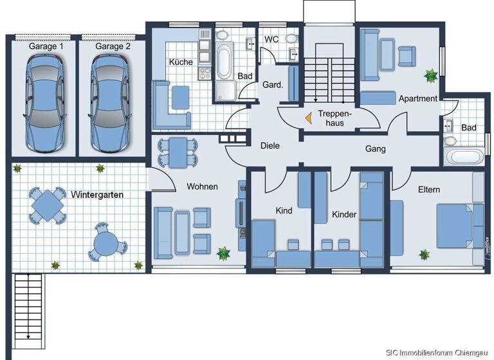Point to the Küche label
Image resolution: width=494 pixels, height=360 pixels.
pos(181,62)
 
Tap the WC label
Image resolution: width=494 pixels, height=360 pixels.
pos(271,39)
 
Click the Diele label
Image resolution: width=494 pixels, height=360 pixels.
pos(270,146)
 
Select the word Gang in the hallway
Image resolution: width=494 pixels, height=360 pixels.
pos(375,148)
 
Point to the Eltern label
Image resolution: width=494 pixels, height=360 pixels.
pos(429,190)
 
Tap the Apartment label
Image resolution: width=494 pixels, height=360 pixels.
pos(418,98)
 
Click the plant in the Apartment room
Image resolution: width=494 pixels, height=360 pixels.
pos(429,76)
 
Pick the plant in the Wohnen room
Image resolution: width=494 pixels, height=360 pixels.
pos(223,253)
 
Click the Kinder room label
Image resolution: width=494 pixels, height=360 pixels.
pos(344,214)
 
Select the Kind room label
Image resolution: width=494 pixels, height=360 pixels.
pos(284,210)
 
